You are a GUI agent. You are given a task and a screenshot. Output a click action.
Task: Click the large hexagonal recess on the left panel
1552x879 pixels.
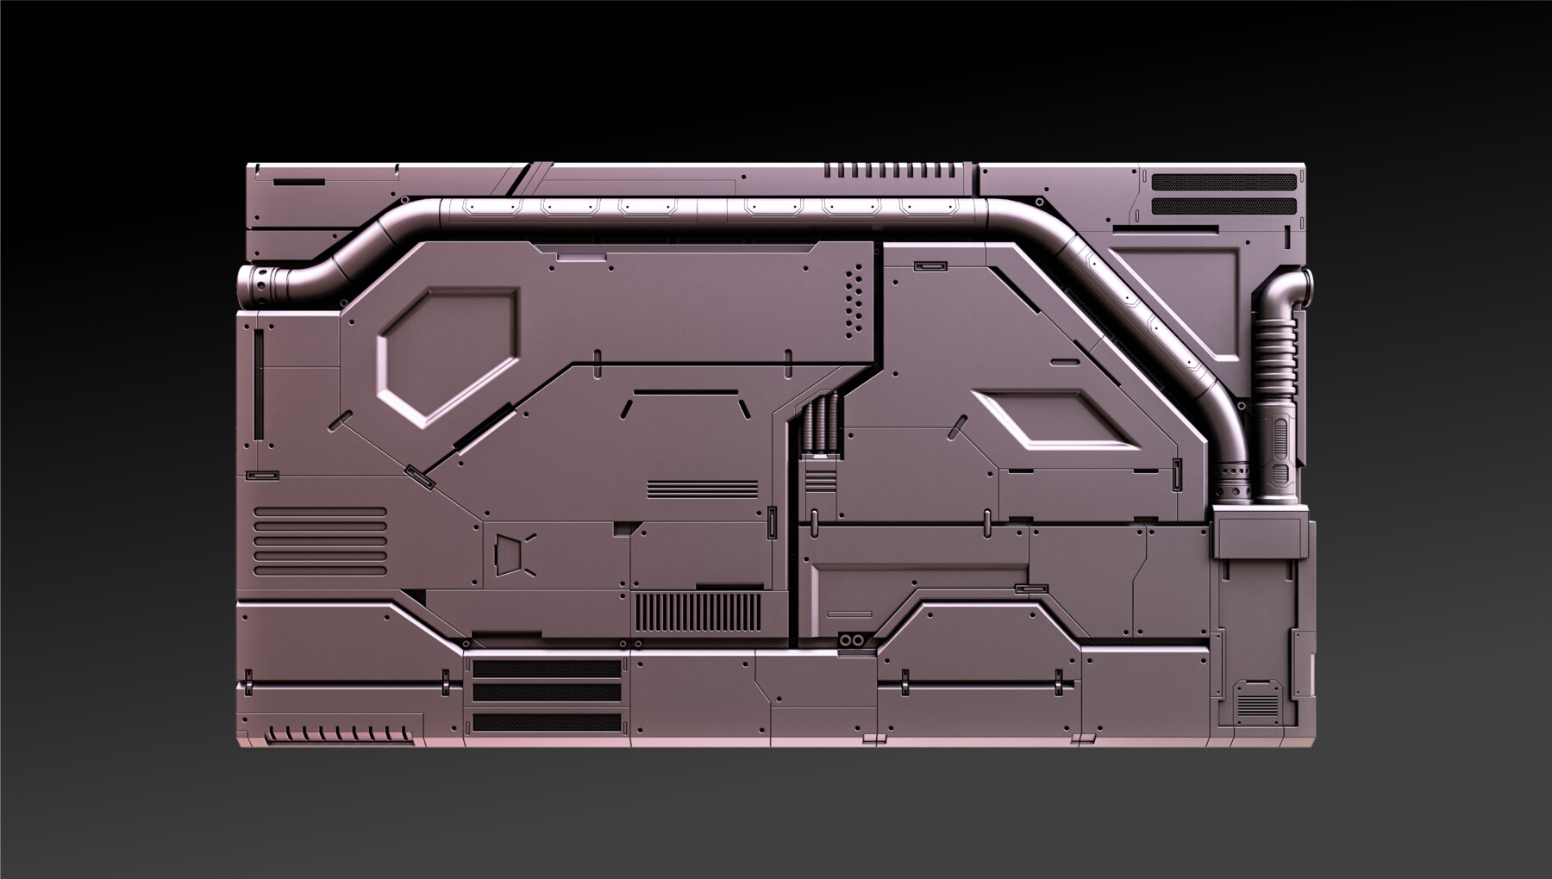pos(448,356)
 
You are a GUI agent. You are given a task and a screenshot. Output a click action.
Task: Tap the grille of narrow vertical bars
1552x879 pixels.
pos(698,614)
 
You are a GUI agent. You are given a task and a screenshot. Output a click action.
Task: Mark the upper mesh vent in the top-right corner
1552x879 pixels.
pos(1224,183)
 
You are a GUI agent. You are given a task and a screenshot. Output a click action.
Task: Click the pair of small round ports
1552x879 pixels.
pos(852,641)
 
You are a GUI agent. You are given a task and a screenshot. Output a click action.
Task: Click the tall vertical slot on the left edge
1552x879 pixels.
pos(258,384)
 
